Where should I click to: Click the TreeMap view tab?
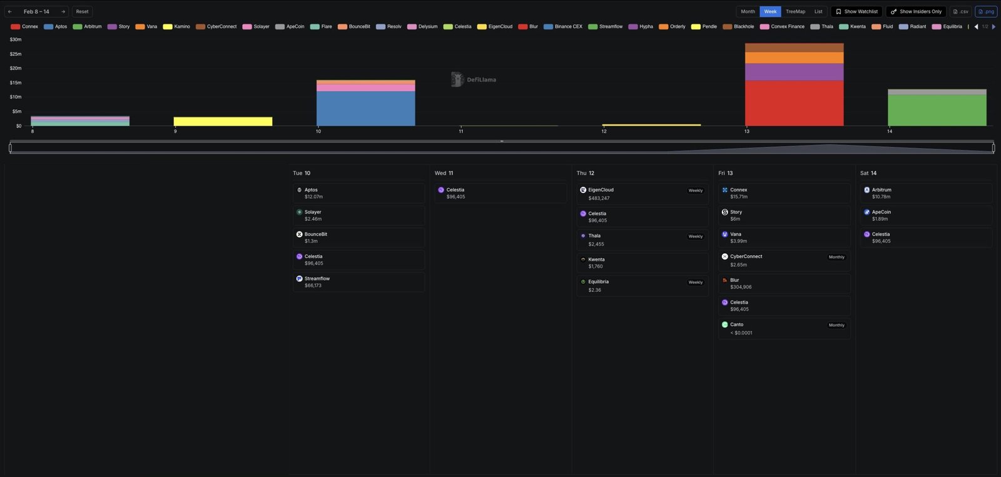click(x=795, y=11)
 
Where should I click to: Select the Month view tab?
click(x=748, y=11)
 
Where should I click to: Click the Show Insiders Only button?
click(x=916, y=11)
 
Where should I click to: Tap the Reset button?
click(x=82, y=11)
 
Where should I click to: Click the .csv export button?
click(x=960, y=11)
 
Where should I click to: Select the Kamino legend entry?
click(x=177, y=26)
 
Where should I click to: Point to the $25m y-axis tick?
click(x=16, y=54)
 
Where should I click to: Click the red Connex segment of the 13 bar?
click(x=794, y=103)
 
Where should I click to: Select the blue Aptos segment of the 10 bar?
click(x=365, y=109)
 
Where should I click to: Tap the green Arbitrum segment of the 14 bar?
click(x=937, y=110)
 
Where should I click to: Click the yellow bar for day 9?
click(x=223, y=121)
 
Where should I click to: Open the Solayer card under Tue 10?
click(x=358, y=215)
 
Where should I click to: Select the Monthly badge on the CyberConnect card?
click(x=836, y=257)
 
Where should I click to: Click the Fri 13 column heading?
click(x=726, y=173)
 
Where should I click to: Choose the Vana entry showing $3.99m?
click(x=784, y=238)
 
